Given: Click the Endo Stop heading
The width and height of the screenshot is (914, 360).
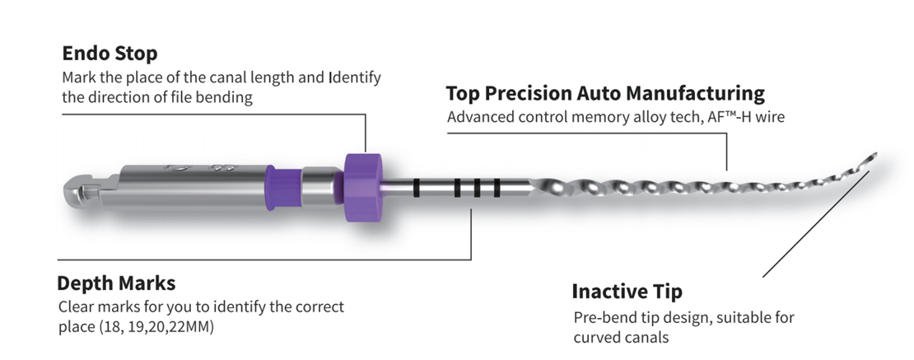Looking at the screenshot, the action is click(x=110, y=53).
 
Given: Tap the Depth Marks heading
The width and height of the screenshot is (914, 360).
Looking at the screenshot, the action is click(x=116, y=283).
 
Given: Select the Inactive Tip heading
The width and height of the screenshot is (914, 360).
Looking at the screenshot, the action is click(x=627, y=291).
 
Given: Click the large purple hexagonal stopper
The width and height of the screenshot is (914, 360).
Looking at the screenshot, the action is click(x=362, y=187).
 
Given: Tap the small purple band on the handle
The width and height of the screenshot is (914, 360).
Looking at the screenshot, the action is click(x=283, y=186).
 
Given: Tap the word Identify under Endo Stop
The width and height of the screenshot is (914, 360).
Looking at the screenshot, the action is click(x=354, y=77).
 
